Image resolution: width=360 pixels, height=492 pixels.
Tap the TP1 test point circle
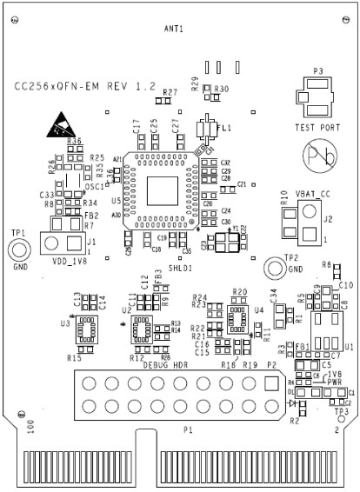pyautogui.click(x=17, y=251)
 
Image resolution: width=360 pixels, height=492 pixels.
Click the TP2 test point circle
pyautogui.click(x=273, y=269)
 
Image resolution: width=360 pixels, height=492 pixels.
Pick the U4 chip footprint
pyautogui.click(x=236, y=319)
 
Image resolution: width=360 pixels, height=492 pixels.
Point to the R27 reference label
pyautogui.click(x=170, y=91)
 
